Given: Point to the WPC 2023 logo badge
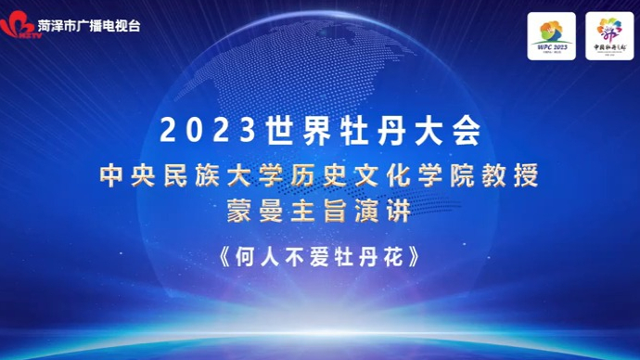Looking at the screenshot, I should (x=552, y=36).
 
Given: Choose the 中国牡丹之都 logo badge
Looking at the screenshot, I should (x=608, y=36).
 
